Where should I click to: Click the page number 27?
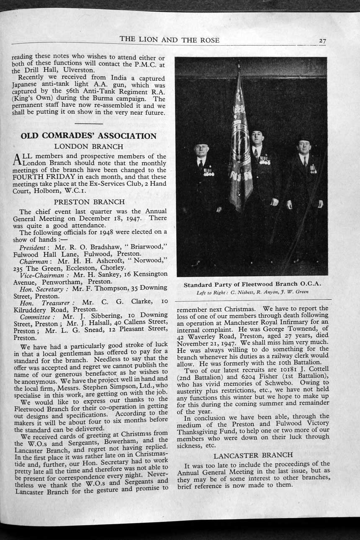click(x=322, y=41)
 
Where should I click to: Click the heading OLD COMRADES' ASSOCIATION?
click(x=89, y=136)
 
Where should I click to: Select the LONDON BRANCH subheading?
click(x=89, y=147)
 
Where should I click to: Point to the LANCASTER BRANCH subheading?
click(x=253, y=455)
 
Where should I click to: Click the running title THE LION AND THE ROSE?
click(x=169, y=40)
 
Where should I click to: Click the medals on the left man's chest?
click(x=208, y=172)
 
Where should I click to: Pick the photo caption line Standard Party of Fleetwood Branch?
click(x=252, y=284)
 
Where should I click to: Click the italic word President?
click(x=32, y=247)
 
